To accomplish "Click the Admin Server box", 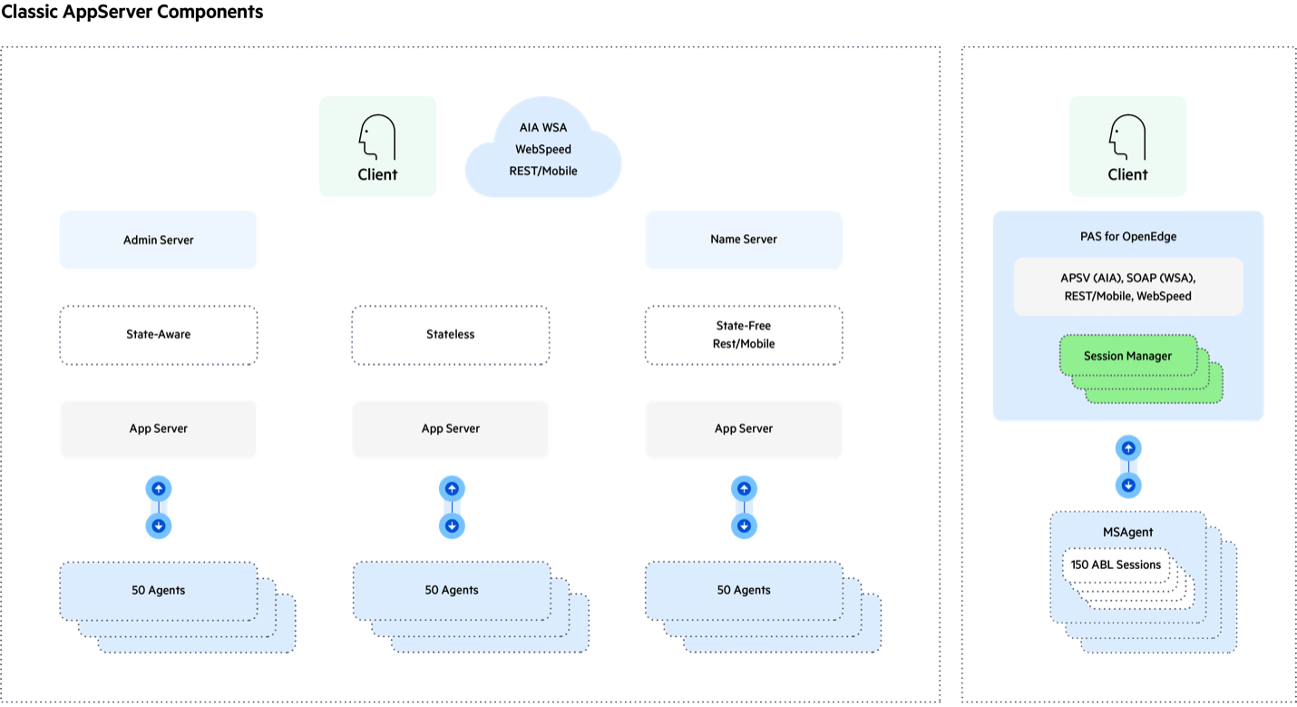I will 159,241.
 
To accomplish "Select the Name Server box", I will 744,241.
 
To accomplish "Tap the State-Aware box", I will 159,335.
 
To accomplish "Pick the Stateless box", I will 451,335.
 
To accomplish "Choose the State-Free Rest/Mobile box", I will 744,335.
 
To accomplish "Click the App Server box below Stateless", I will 451,429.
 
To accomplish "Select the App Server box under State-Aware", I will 159,429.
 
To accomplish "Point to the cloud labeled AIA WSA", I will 543,149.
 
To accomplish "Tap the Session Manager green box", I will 1127,357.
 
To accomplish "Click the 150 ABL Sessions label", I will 1116,565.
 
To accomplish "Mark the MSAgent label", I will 1128,532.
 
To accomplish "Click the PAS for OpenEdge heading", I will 1128,237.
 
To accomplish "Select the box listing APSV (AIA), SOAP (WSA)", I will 1128,287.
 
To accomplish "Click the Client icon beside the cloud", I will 377,147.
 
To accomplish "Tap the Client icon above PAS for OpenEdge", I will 1127,147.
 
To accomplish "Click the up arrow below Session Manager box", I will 1128,448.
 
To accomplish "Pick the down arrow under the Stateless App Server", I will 452,525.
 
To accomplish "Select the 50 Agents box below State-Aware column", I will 159,591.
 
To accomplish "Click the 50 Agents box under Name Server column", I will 744,591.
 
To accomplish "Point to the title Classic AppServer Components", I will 132,13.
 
